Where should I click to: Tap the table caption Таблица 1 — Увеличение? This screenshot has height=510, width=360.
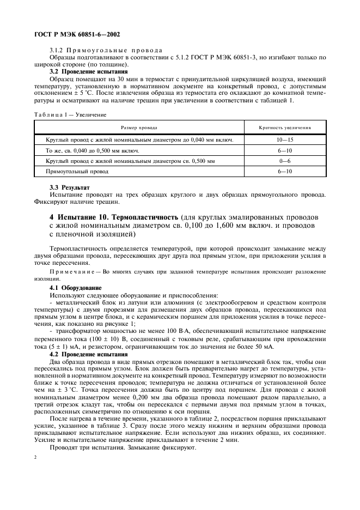point(70,115)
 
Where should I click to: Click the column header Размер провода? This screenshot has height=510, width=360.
point(139,127)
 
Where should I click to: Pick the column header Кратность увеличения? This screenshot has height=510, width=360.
point(285,127)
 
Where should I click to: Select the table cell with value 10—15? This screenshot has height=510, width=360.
point(285,140)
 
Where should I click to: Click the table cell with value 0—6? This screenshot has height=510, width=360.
point(285,161)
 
